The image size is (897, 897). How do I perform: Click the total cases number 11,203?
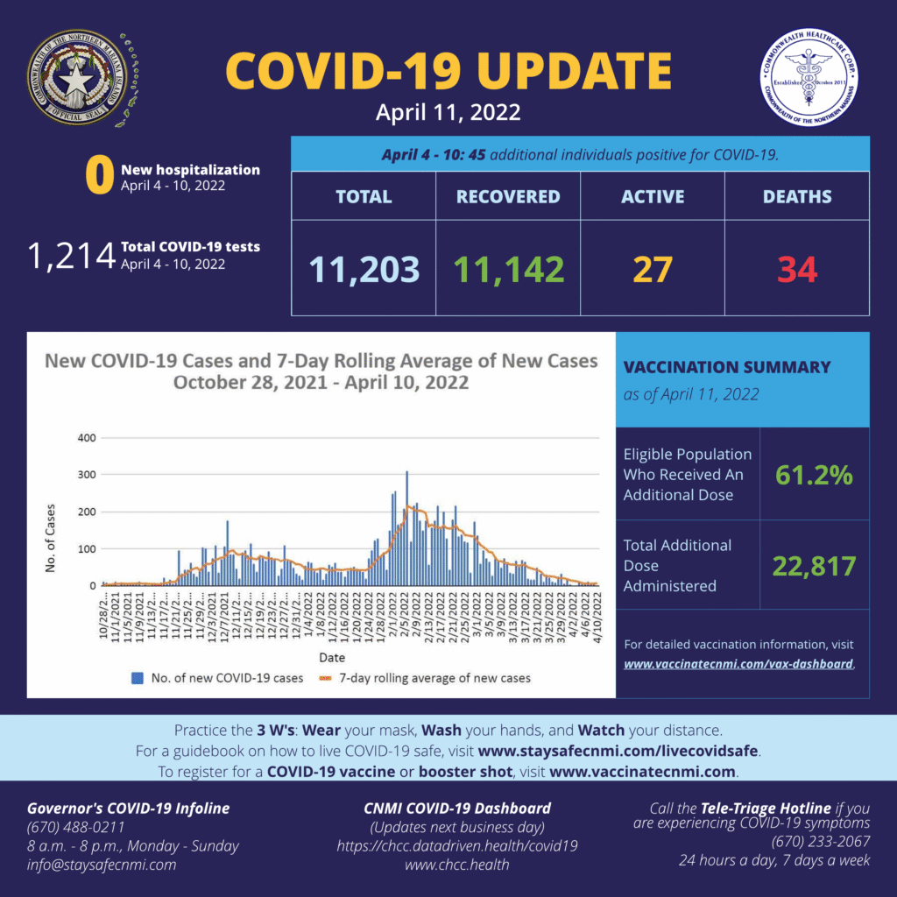coord(364,269)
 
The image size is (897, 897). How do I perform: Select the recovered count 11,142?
coord(509,269)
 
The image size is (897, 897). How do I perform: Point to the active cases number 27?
coord(653,269)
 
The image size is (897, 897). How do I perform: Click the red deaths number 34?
coord(797,269)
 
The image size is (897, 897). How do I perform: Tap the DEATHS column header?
coord(797,196)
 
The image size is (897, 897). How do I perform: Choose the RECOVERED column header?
coord(508,196)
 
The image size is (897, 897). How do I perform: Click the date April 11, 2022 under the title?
coord(448,112)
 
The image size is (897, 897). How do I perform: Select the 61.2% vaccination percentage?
coord(814,475)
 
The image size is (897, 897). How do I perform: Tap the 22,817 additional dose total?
coord(814,566)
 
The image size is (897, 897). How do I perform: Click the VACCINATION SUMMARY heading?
coord(726,367)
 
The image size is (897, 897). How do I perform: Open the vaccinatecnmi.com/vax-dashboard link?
coord(738,664)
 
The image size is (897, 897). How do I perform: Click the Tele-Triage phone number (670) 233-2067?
coord(821,842)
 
